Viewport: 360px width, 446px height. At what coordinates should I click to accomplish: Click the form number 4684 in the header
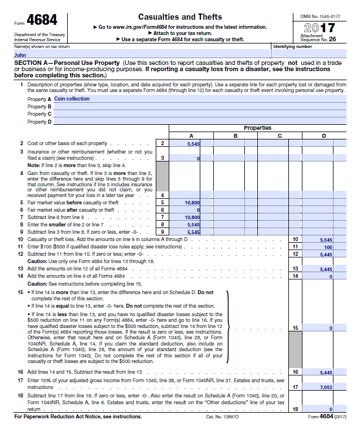click(41, 20)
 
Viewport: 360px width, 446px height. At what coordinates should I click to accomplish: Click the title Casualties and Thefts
click(180, 17)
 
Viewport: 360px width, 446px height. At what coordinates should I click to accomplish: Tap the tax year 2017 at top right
click(319, 28)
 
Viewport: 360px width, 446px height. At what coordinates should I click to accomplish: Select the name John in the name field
click(20, 55)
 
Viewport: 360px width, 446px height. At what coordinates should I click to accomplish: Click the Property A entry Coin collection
click(72, 99)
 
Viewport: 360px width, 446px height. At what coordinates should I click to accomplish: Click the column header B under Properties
click(235, 135)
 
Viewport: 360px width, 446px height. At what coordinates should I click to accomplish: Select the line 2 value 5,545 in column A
click(193, 144)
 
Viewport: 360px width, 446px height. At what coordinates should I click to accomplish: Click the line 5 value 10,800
click(192, 202)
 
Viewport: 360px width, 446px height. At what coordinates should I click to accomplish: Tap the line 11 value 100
click(328, 247)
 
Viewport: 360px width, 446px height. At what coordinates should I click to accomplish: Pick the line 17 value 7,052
click(326, 387)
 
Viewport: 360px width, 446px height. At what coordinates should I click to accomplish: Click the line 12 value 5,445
click(326, 254)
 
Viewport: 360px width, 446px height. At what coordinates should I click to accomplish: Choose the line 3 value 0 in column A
click(198, 159)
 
